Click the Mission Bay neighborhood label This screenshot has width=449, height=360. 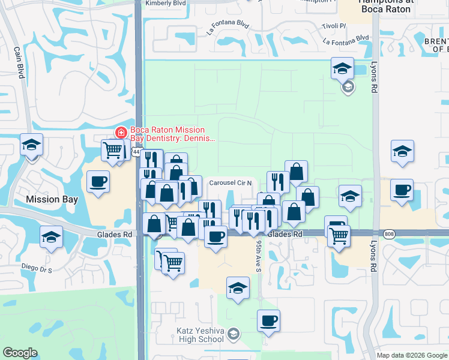(52, 199)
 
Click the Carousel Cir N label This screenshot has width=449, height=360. (234, 182)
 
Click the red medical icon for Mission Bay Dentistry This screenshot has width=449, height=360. (121, 133)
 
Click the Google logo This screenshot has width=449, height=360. (20, 353)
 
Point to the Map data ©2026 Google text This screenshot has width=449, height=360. (411, 355)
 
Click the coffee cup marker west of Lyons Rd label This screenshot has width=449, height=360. (402, 190)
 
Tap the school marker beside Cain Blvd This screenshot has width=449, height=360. (31, 145)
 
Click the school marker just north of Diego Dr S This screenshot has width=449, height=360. (52, 237)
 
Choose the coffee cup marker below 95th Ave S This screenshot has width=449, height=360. (268, 320)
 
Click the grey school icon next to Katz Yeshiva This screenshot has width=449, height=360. (234, 334)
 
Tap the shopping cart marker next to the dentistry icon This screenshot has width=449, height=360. (113, 149)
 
